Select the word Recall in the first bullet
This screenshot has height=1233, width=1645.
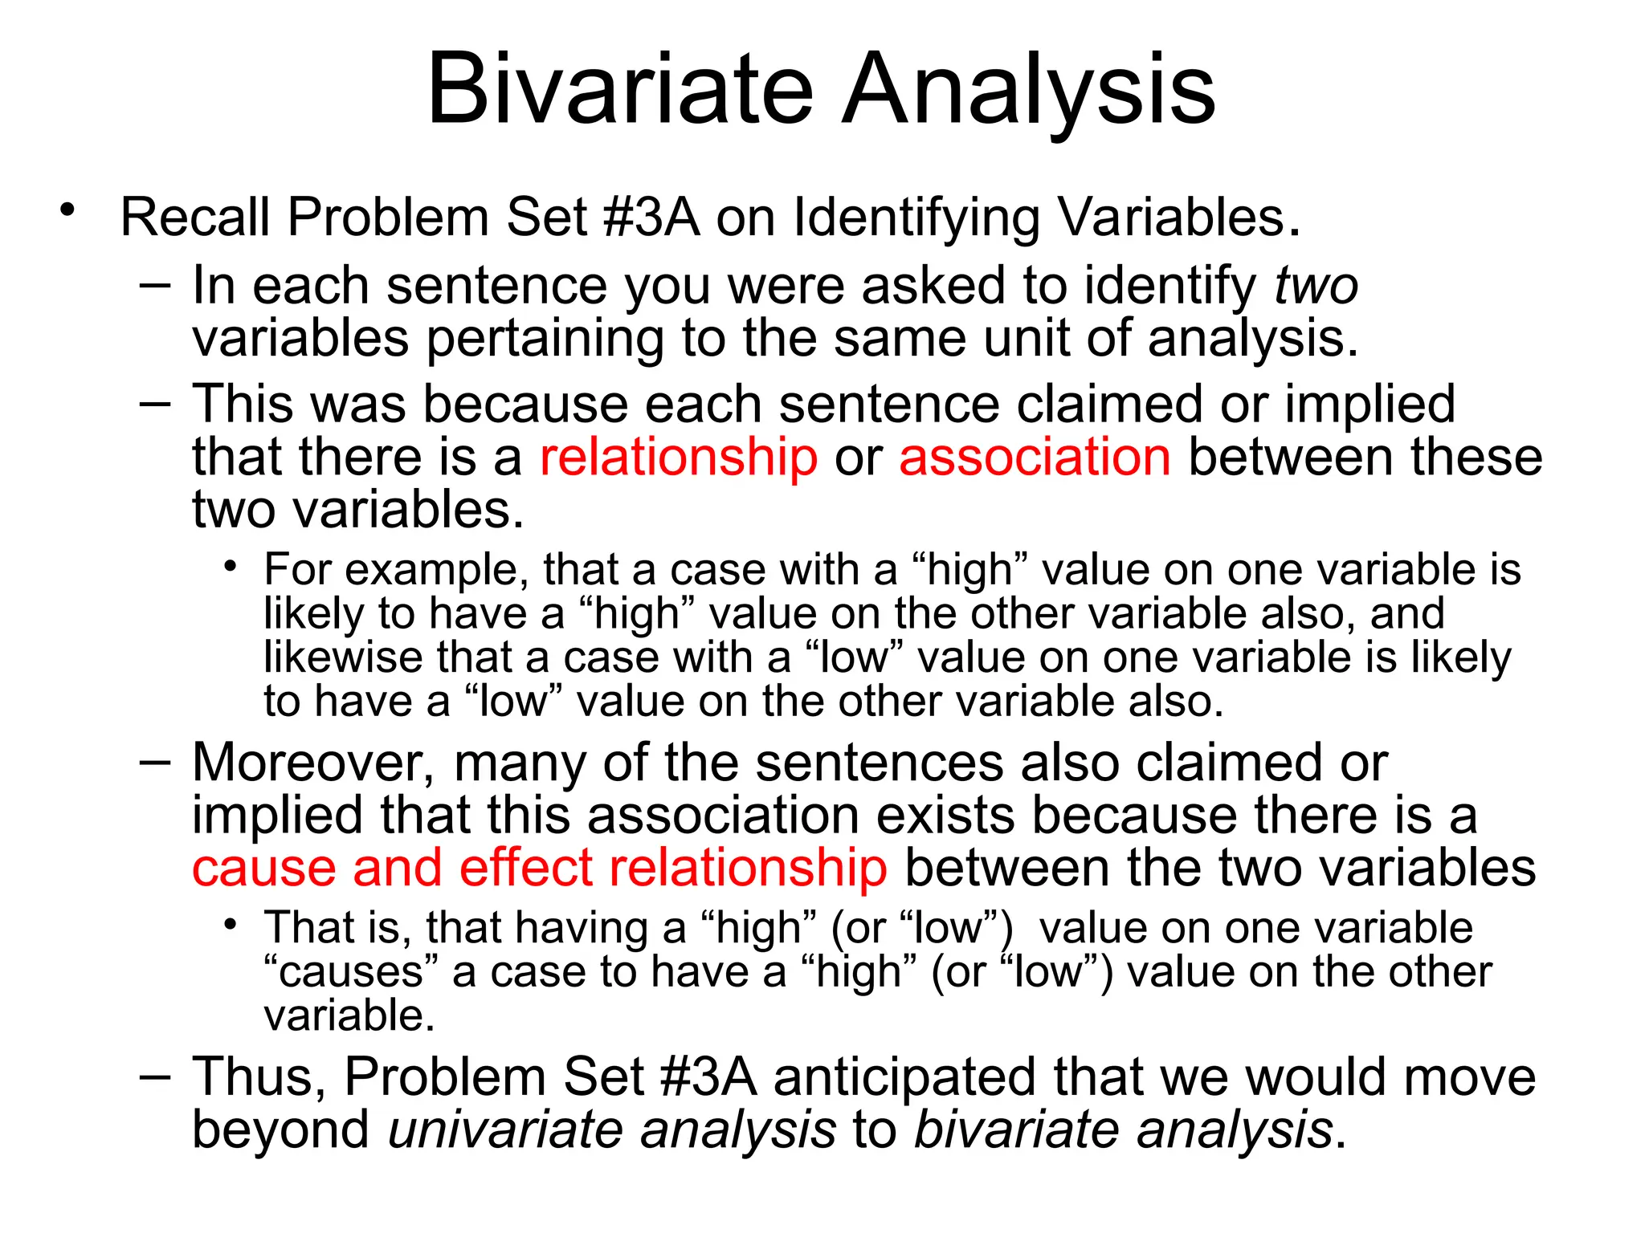click(x=195, y=218)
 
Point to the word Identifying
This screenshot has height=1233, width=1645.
click(x=915, y=218)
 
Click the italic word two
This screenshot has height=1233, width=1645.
click(x=1316, y=286)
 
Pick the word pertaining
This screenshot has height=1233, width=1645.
click(x=545, y=338)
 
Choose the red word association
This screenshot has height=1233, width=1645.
click(x=1035, y=457)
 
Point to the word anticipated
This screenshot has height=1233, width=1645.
click(x=904, y=1076)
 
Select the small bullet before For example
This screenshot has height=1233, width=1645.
click(x=231, y=567)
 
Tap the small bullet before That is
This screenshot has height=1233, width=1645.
click(x=231, y=925)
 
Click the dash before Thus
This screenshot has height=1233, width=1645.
click(x=155, y=1075)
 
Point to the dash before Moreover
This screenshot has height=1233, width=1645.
click(x=155, y=761)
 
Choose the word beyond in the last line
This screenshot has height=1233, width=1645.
click(x=280, y=1129)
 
